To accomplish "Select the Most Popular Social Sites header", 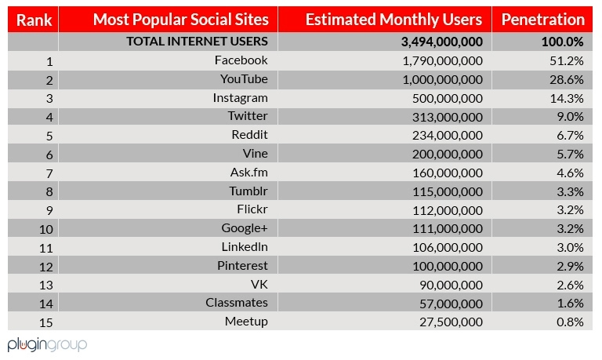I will click(x=180, y=20).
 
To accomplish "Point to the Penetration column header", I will click(x=542, y=20).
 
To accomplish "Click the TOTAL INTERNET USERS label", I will click(x=197, y=42).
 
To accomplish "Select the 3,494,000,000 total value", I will click(x=441, y=42).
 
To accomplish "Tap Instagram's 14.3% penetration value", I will click(x=568, y=98).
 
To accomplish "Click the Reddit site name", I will click(x=250, y=135).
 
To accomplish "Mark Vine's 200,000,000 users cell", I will click(x=447, y=154).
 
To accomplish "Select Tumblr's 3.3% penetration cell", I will click(x=570, y=191).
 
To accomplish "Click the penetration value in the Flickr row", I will click(x=570, y=209).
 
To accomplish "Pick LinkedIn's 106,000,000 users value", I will click(x=447, y=247).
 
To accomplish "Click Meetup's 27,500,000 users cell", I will click(x=450, y=322).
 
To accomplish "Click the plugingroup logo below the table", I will click(x=47, y=344).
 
